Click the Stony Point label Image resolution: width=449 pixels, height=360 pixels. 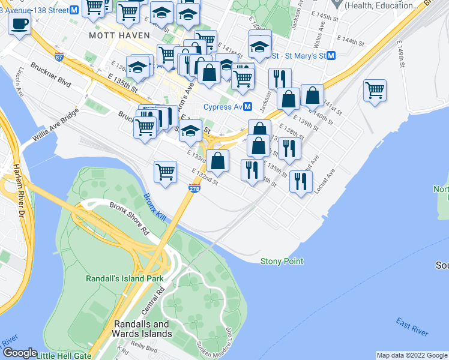click(x=282, y=261)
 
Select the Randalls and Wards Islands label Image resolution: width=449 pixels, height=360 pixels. click(x=143, y=329)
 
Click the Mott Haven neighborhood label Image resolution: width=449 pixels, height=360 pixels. click(x=119, y=35)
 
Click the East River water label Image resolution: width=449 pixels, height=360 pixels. click(x=412, y=327)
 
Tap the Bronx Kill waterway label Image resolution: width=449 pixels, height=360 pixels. click(x=154, y=206)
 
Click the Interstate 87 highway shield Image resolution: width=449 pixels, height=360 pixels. click(x=59, y=57)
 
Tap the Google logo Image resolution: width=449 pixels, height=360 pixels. click(x=20, y=353)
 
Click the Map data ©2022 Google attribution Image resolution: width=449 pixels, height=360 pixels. click(x=411, y=355)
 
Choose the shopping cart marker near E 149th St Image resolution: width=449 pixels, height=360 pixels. click(x=375, y=91)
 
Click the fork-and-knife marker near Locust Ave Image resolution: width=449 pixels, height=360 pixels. click(x=300, y=180)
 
